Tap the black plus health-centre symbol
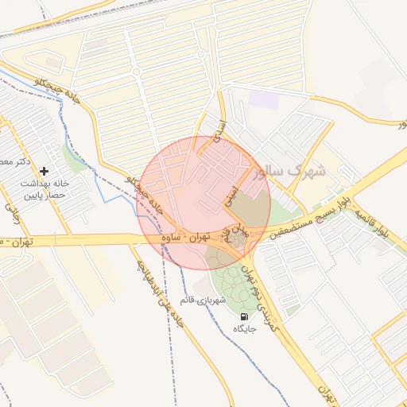point(44,170)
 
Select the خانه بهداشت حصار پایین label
point(44,188)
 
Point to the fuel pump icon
point(242,316)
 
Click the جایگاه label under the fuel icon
point(242,328)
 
